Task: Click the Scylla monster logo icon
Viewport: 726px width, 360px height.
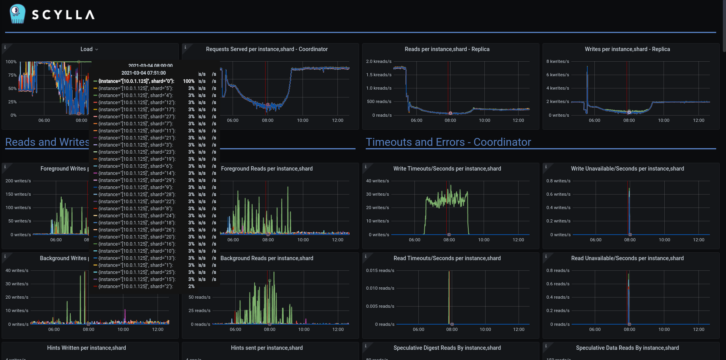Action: [x=17, y=14]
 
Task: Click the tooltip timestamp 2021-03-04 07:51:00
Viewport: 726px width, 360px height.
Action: [x=143, y=73]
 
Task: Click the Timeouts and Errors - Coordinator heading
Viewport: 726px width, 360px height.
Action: [x=448, y=142]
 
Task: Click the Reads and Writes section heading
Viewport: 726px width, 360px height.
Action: [x=47, y=142]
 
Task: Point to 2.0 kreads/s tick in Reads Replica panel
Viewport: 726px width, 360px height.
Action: [x=379, y=61]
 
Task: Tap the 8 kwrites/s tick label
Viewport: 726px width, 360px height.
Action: [x=557, y=61]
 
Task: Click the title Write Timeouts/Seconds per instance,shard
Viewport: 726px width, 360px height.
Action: [x=447, y=169]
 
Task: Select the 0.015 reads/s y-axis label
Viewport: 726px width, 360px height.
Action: [x=380, y=270]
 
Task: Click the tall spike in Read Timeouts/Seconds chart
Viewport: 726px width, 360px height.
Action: [x=449, y=295]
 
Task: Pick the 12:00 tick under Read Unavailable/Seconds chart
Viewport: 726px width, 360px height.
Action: [x=698, y=329]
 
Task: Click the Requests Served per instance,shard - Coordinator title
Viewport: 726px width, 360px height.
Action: [x=267, y=49]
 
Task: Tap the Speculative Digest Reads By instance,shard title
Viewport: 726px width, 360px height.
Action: [x=447, y=348]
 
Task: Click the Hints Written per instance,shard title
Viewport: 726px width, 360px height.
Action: [x=86, y=348]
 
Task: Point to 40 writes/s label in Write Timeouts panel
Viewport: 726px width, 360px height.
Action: [x=378, y=181]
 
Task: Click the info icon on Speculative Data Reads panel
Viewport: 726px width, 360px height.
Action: [x=546, y=346]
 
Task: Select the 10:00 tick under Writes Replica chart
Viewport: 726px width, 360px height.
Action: [x=664, y=120]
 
